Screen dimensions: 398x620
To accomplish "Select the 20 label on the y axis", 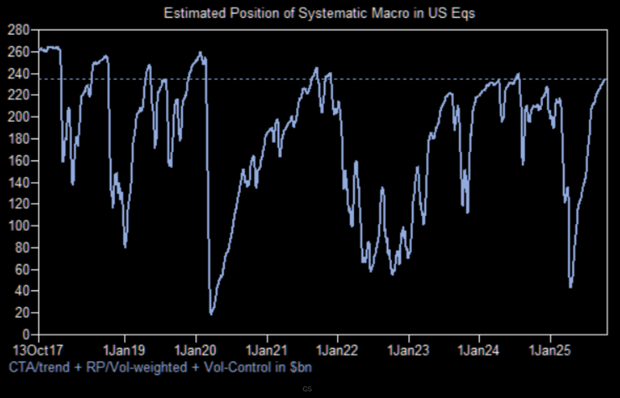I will click(22, 312).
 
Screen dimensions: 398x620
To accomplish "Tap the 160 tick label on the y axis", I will click(19, 161).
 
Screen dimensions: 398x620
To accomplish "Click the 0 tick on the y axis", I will click(27, 335).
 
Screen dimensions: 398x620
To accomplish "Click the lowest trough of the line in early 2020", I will click(211, 314).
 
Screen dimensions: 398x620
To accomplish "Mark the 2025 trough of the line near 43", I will click(571, 287).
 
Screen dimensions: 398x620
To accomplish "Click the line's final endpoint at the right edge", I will click(605, 79).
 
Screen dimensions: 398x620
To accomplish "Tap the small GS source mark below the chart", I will click(307, 389).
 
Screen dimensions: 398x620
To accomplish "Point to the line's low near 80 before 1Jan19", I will click(125, 246).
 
